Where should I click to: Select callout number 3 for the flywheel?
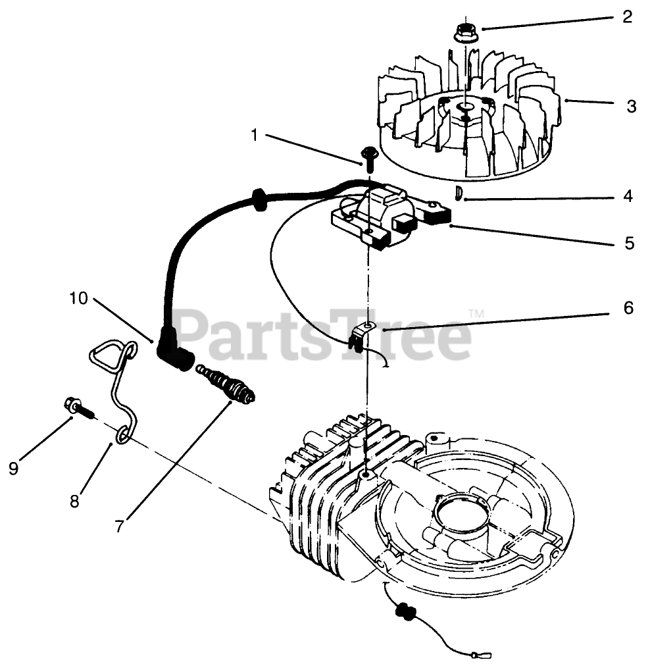coord(631,106)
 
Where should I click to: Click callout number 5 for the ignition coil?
coord(630,244)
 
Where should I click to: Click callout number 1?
coord(254,135)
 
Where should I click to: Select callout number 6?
coord(628,307)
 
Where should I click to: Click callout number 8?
coord(74,501)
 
